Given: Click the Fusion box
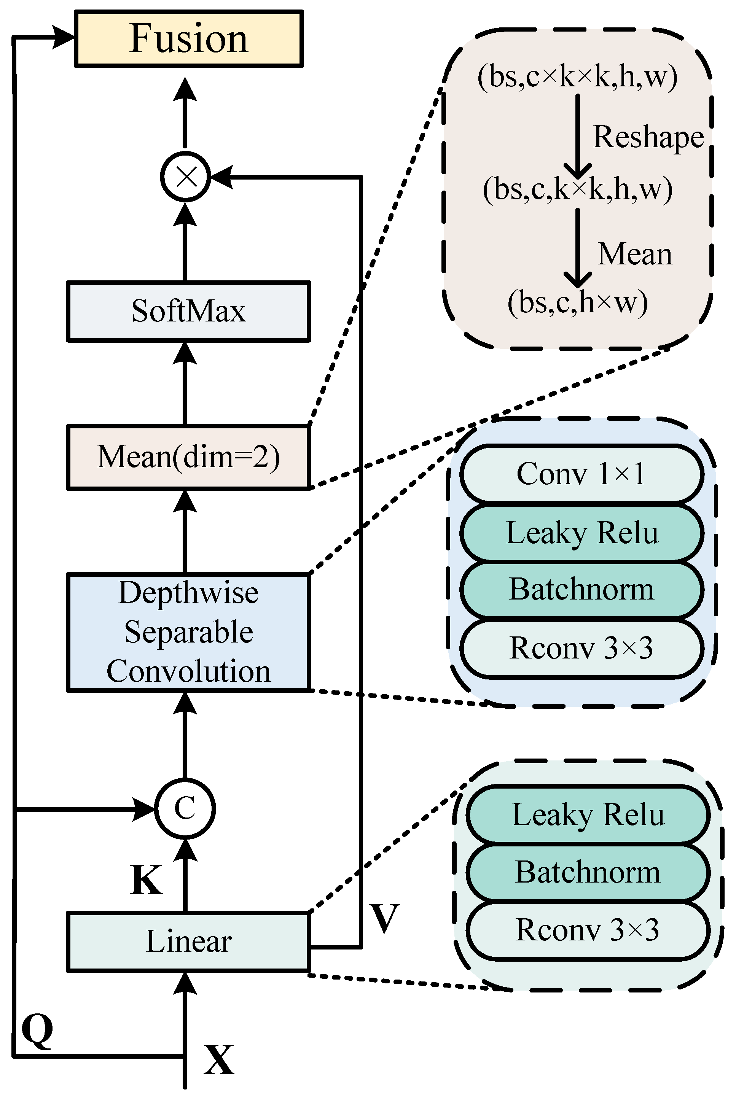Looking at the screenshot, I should (188, 39).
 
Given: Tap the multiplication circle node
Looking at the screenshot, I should (185, 177).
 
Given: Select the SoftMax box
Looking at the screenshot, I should (188, 312).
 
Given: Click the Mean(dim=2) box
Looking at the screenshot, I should (188, 457).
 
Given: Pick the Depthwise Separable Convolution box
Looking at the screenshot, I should (188, 632).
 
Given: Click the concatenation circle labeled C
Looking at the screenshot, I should (185, 809).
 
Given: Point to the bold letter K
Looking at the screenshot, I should (146, 880).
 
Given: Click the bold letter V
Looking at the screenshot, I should (384, 918).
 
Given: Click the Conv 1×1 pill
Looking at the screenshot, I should (581, 474).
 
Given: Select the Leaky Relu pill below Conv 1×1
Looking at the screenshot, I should (581, 533).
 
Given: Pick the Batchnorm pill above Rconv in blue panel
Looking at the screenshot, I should (581, 590).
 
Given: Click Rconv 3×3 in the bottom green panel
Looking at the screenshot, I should (587, 930).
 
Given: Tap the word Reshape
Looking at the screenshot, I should (648, 137).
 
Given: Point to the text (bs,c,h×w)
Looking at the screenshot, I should (577, 302).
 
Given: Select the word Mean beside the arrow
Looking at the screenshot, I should (635, 255).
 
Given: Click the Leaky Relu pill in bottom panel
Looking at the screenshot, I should (587, 815).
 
